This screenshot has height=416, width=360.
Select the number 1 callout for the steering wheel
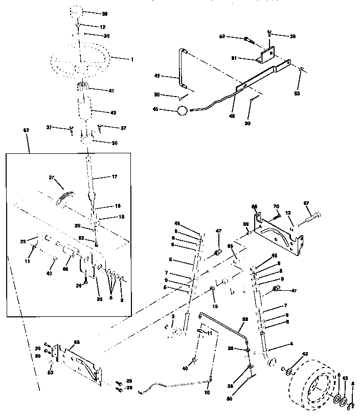click(131, 59)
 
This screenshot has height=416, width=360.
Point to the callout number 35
click(114, 143)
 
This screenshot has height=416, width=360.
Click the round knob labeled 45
click(183, 110)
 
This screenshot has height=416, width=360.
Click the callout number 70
click(277, 206)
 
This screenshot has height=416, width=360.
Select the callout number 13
click(288, 214)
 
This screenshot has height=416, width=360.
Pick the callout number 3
click(173, 317)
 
